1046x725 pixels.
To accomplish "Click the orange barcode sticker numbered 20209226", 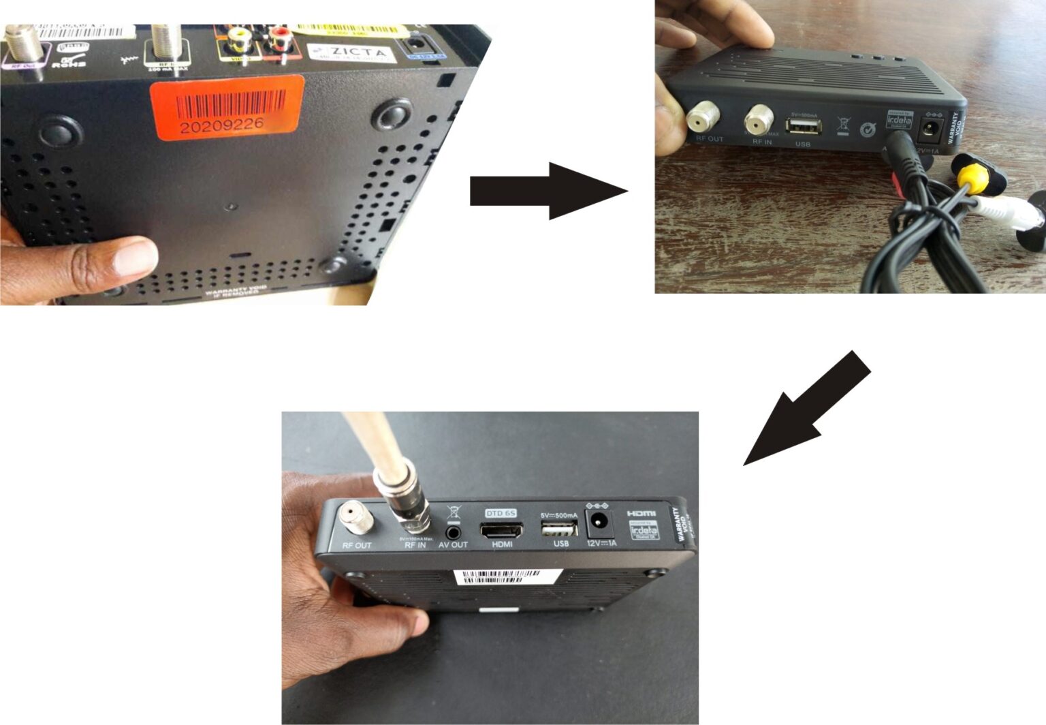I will (227, 107).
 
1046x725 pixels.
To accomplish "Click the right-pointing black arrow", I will (548, 191).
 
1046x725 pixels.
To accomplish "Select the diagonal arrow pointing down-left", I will (806, 409).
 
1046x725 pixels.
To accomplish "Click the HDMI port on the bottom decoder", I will (501, 530).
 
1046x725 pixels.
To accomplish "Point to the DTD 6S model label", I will (501, 513).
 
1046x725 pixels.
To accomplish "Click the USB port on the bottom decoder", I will (560, 529).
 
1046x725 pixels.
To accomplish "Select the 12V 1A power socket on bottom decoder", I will (599, 523).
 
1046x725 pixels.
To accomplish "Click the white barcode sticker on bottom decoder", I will (507, 577).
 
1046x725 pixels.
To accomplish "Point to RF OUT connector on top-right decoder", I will (702, 118).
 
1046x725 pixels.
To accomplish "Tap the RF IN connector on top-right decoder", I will (759, 121).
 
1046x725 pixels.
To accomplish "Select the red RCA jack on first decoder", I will (279, 40).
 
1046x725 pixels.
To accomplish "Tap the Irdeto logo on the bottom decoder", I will (644, 530).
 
